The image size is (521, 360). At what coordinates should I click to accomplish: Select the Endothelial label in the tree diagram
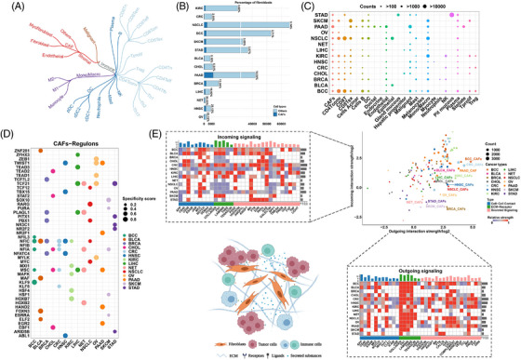pyautogui.click(x=40, y=68)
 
